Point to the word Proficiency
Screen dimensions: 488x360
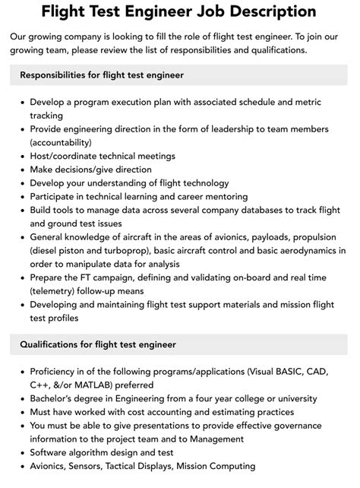tap(57, 371)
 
